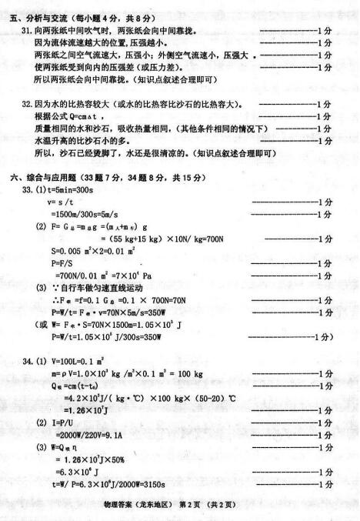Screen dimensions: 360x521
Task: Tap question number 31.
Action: click(26, 29)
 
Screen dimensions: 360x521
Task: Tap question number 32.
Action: click(26, 104)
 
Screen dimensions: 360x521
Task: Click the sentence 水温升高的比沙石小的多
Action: click(77, 141)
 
